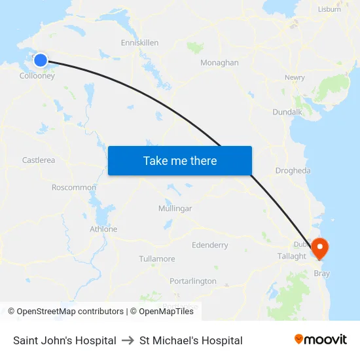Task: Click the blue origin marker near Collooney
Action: click(40, 60)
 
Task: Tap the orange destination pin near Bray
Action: click(320, 247)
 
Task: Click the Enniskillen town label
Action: click(139, 43)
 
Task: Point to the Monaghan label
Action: click(219, 63)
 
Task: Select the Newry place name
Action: click(295, 77)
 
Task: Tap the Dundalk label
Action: click(287, 112)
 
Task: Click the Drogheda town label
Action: click(293, 170)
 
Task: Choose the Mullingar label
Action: click(175, 208)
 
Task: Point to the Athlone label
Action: click(103, 229)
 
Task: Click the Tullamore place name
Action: click(157, 259)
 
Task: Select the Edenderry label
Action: click(209, 245)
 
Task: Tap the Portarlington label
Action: click(192, 281)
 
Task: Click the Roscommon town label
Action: click(74, 187)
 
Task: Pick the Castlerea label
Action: click(39, 160)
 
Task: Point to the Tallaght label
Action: click(291, 256)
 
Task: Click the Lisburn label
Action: click(329, 9)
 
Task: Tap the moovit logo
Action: click(320, 340)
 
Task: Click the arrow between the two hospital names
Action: click(128, 340)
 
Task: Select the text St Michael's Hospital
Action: click(190, 340)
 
